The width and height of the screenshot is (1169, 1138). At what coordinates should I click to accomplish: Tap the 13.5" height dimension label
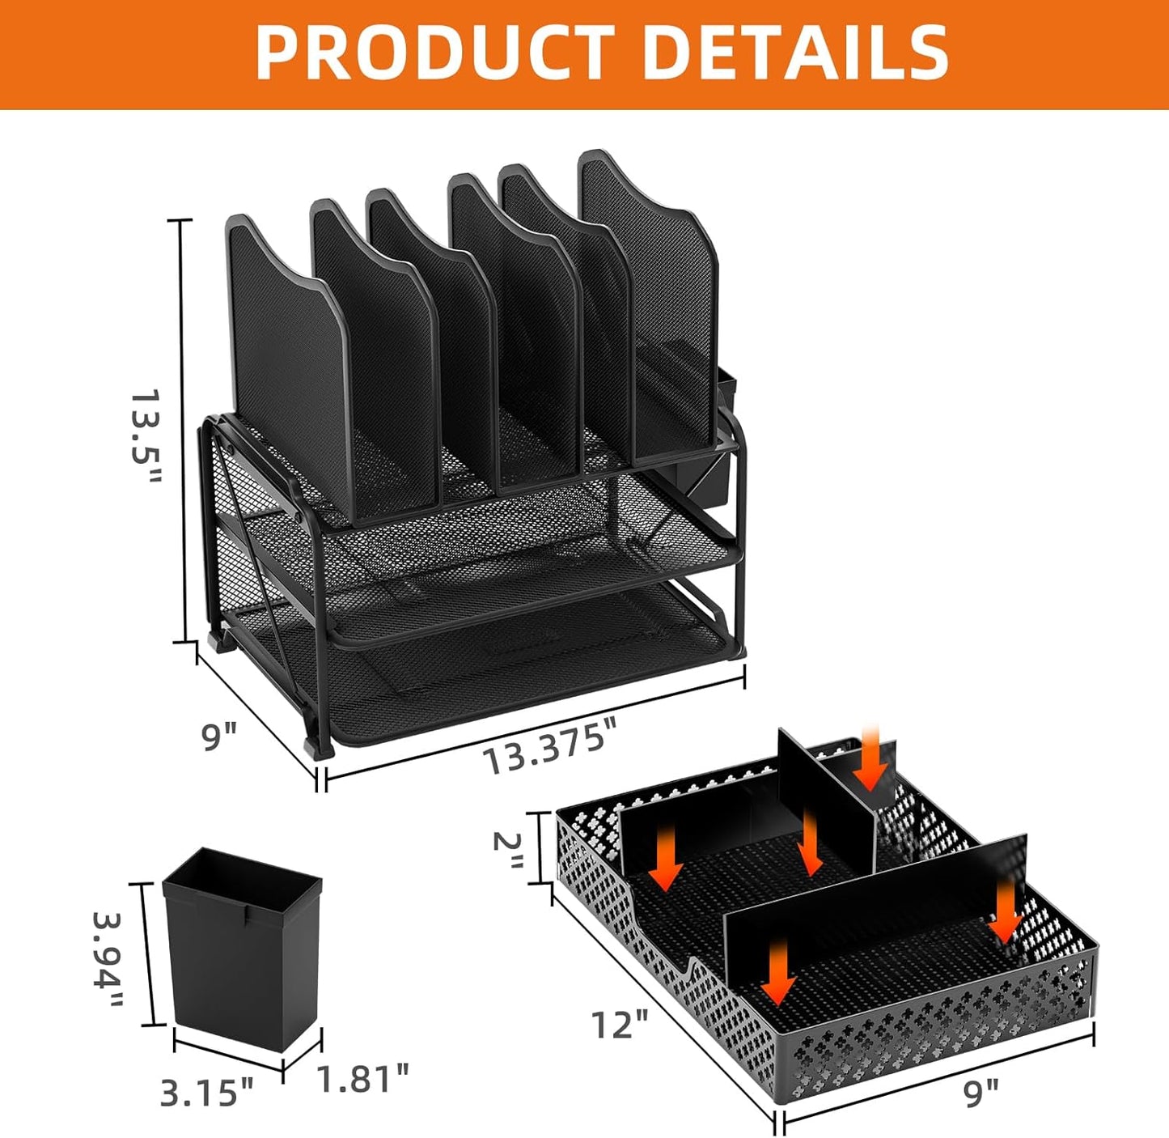146,436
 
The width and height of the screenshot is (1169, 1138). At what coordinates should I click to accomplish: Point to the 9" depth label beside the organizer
219,737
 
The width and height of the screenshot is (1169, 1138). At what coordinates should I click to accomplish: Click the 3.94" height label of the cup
108,960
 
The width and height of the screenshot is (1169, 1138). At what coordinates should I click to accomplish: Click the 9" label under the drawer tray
981,1093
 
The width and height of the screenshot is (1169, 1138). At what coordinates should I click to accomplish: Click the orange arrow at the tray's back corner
871,758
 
